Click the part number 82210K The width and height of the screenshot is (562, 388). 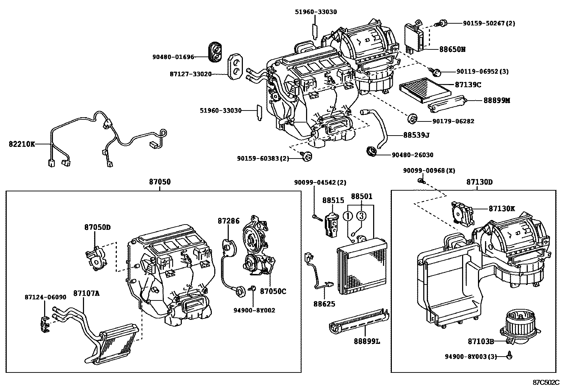pos(22,144)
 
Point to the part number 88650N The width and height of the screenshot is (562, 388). pos(452,49)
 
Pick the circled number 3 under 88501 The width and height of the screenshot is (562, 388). pos(361,215)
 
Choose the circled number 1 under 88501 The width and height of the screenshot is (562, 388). pos(348,215)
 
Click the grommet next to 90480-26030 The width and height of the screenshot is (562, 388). pos(371,151)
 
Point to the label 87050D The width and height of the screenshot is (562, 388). pos(97,227)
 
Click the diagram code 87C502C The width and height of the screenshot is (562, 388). pos(546,382)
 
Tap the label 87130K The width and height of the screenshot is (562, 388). pos(502,209)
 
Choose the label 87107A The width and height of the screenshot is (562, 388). pos(86,293)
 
